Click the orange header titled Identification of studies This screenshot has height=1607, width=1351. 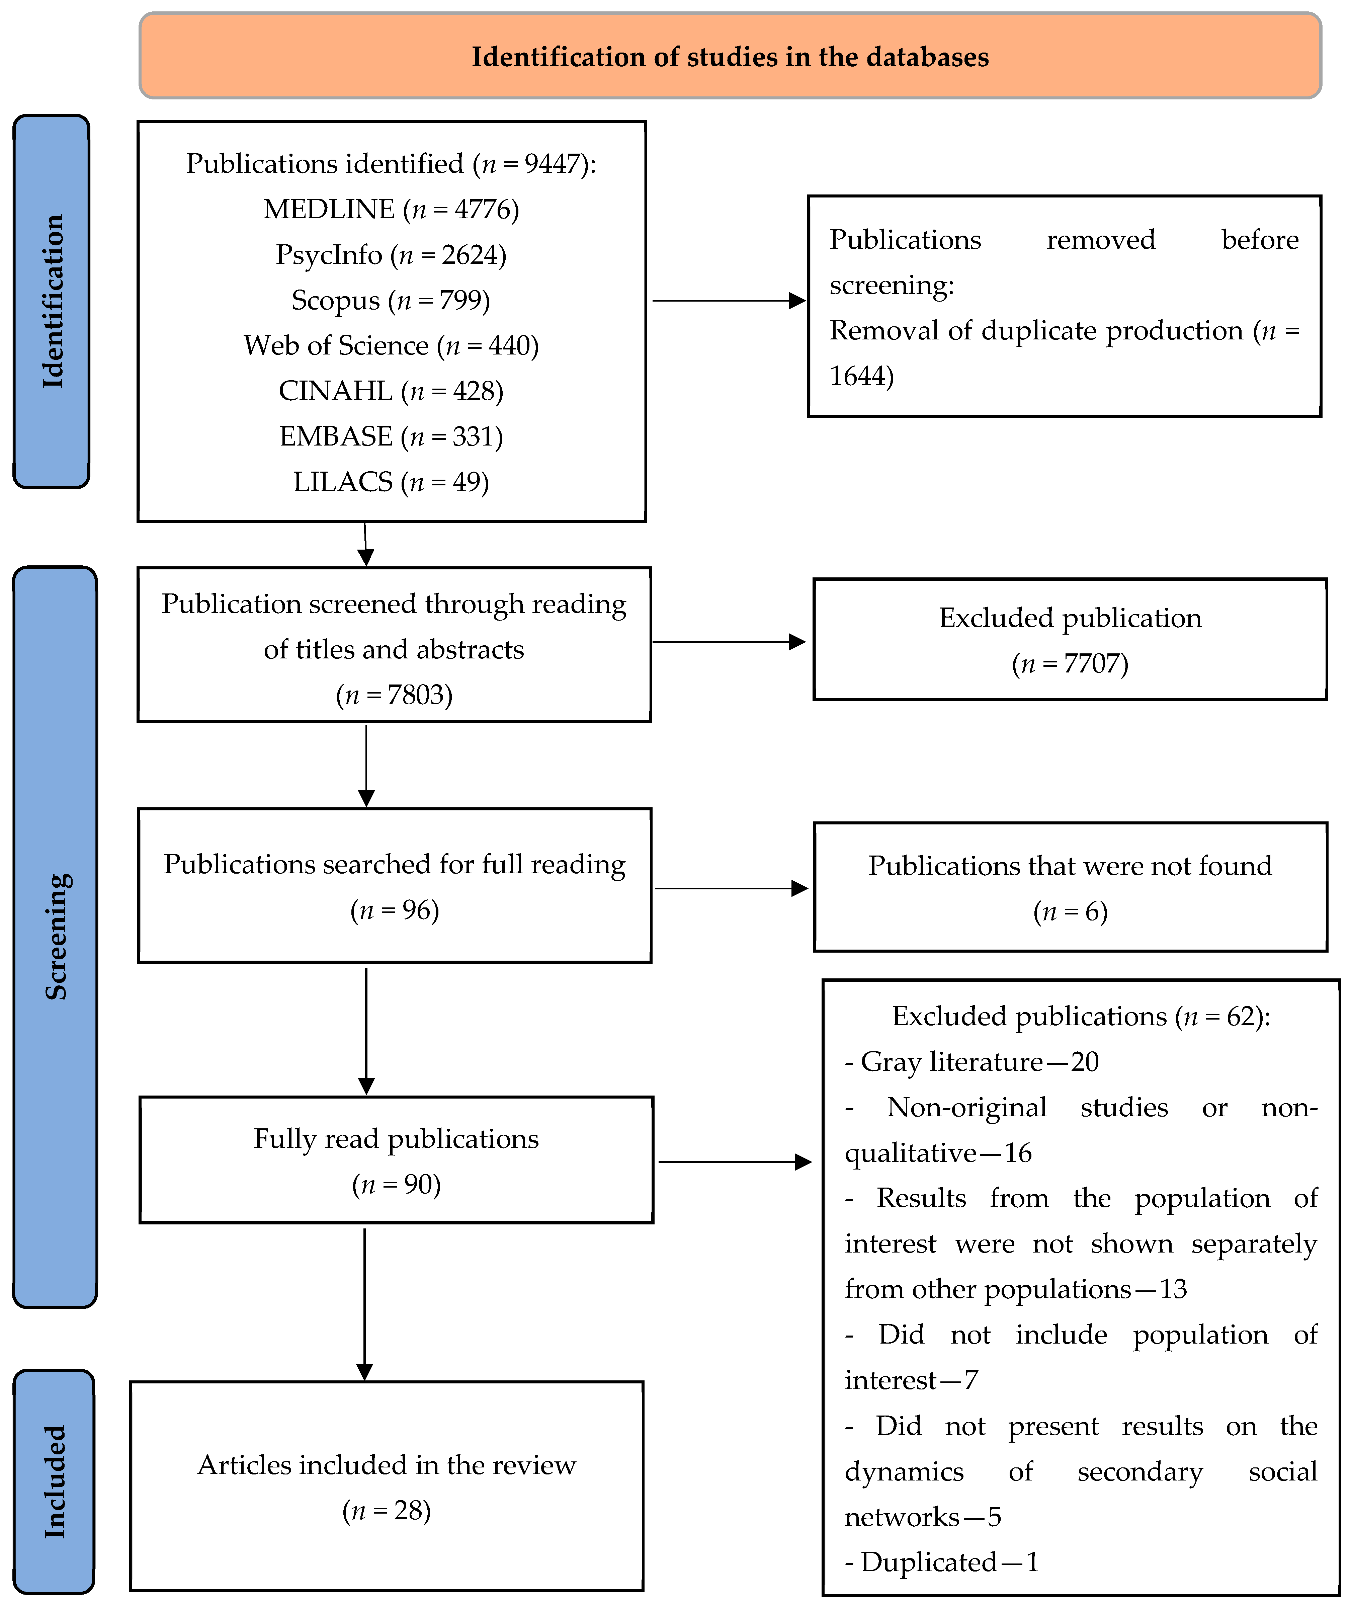click(730, 56)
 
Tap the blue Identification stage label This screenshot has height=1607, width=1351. click(51, 301)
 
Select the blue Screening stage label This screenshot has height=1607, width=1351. click(55, 937)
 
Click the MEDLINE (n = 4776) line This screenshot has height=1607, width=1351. click(391, 209)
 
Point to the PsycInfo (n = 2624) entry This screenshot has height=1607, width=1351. click(391, 254)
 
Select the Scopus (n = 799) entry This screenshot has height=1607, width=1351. click(391, 300)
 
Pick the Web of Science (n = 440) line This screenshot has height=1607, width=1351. click(391, 345)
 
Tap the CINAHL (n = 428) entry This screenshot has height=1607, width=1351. click(391, 391)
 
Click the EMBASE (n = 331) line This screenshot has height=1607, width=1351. click(391, 436)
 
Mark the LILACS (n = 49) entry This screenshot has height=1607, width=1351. click(391, 481)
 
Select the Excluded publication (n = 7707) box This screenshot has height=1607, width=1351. click(1070, 639)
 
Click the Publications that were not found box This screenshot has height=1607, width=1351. click(1070, 887)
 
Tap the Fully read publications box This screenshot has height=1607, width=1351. click(396, 1160)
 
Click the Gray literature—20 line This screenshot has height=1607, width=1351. click(972, 1062)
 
